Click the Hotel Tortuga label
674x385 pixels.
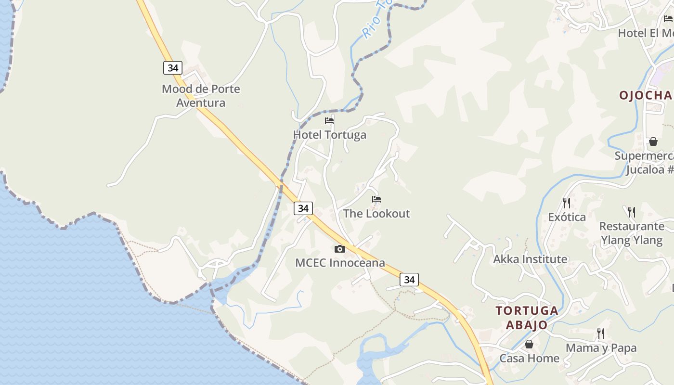pyautogui.click(x=330, y=135)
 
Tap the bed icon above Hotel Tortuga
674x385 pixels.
pyautogui.click(x=329, y=120)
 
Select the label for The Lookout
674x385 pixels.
pyautogui.click(x=376, y=214)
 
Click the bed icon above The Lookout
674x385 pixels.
pyautogui.click(x=376, y=199)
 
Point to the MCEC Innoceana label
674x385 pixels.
pyautogui.click(x=340, y=263)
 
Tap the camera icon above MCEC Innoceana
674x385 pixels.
pyautogui.click(x=340, y=249)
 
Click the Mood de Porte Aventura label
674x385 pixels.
pyautogui.click(x=201, y=96)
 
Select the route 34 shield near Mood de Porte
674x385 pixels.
pyautogui.click(x=173, y=68)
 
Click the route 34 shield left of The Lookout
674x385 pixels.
pyautogui.click(x=303, y=208)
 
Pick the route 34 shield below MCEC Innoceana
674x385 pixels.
pyautogui.click(x=409, y=280)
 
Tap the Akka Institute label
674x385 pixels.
pyautogui.click(x=530, y=259)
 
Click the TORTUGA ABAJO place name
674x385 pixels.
pyautogui.click(x=527, y=318)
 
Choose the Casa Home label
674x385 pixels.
pyautogui.click(x=529, y=359)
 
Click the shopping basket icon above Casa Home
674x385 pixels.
pyautogui.click(x=529, y=344)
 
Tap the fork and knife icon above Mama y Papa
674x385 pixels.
pyautogui.click(x=600, y=333)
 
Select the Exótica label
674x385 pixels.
pyautogui.click(x=567, y=217)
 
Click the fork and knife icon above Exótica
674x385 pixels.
pyautogui.click(x=567, y=203)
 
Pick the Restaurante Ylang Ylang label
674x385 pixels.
pyautogui.click(x=632, y=233)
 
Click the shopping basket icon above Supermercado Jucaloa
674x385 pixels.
pyautogui.click(x=653, y=141)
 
